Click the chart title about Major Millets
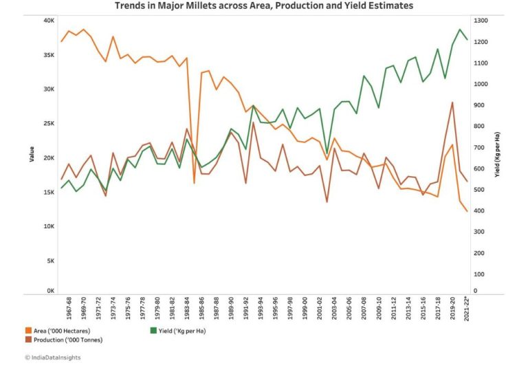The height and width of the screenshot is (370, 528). coord(263,6)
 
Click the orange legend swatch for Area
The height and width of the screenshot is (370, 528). coord(27,331)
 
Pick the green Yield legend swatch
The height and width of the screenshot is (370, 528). coord(153,331)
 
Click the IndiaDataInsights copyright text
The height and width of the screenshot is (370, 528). coord(48,358)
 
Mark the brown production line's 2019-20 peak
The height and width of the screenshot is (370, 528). coord(452,102)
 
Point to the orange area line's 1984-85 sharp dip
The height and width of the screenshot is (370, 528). coord(194,182)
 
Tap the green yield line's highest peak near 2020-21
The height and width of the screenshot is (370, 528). coord(459,30)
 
